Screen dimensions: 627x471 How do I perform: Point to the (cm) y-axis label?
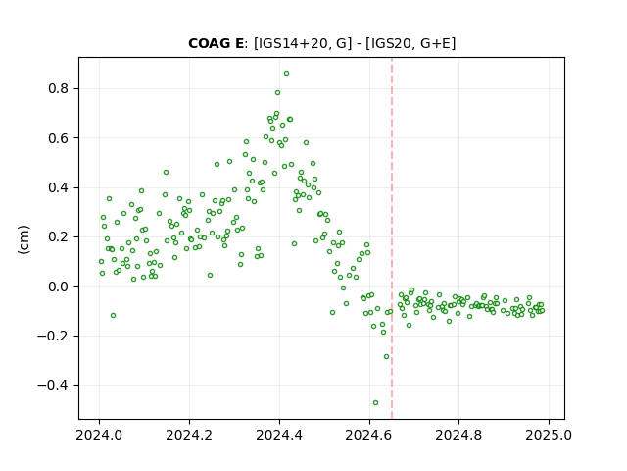pyautogui.click(x=24, y=239)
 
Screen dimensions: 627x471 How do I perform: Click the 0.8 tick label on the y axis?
pyautogui.click(x=58, y=88)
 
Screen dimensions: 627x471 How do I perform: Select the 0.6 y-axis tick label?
pyautogui.click(x=58, y=138)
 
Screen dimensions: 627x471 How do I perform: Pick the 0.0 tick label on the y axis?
pyautogui.click(x=58, y=287)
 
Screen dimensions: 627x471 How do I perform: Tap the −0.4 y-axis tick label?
pyautogui.click(x=52, y=386)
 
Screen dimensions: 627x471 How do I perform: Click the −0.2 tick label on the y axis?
pyautogui.click(x=52, y=336)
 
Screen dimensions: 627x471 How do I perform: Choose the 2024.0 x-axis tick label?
pyautogui.click(x=99, y=435)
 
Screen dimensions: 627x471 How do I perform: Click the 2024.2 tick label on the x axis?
pyautogui.click(x=189, y=435)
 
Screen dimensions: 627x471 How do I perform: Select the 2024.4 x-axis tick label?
pyautogui.click(x=279, y=435)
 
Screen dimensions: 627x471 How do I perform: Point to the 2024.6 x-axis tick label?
pyautogui.click(x=369, y=435)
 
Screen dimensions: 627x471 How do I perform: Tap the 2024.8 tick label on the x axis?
pyautogui.click(x=458, y=435)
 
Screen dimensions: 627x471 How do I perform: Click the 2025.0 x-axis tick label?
pyautogui.click(x=549, y=435)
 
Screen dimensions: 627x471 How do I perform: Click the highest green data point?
pyautogui.click(x=286, y=74)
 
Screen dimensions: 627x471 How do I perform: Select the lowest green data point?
pyautogui.click(x=375, y=403)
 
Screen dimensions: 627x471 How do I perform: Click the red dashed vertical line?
pyautogui.click(x=392, y=238)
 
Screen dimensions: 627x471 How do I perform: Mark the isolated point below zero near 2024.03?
pyautogui.click(x=114, y=316)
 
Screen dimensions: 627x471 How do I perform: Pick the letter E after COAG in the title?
pyautogui.click(x=239, y=43)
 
